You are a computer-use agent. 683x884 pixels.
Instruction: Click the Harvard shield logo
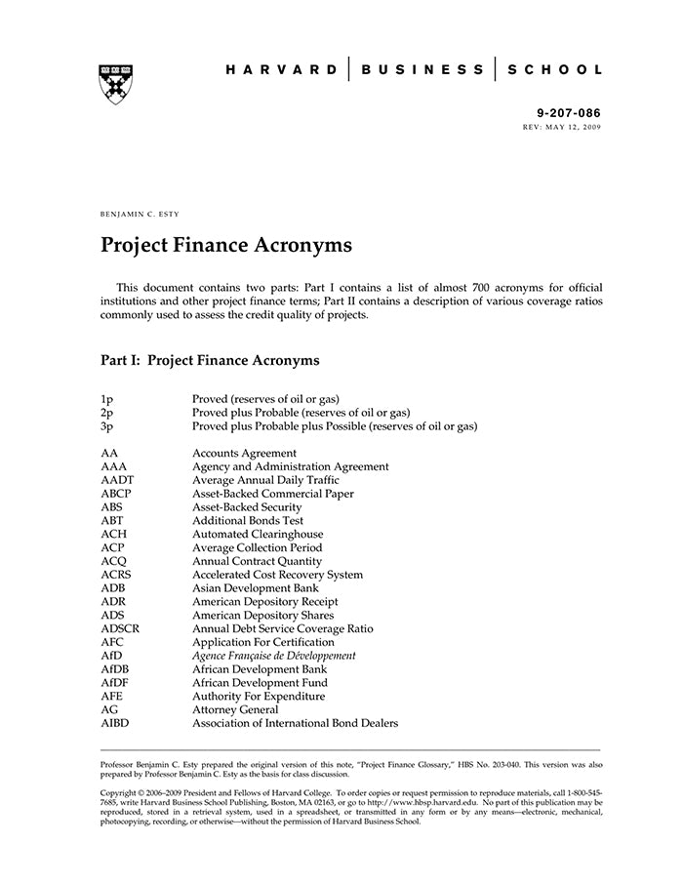point(116,84)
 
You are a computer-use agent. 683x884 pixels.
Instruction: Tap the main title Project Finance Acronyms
point(226,245)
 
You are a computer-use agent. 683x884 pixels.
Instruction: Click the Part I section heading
point(210,360)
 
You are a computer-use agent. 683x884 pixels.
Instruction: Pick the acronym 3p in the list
point(108,426)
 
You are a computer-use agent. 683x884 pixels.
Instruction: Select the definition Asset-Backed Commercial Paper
point(273,494)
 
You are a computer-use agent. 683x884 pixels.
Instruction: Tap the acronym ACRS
point(117,575)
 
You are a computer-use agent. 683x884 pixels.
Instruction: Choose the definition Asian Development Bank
point(256,588)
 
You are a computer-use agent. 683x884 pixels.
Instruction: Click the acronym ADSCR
point(120,629)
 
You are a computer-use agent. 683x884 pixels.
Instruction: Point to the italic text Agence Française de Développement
point(274,656)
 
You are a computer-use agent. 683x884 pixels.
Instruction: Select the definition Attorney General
point(235,710)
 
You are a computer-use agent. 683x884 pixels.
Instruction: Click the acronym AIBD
point(115,723)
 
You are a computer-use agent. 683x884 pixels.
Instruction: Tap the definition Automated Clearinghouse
point(258,535)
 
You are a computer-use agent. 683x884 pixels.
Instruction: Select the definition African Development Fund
point(260,683)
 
